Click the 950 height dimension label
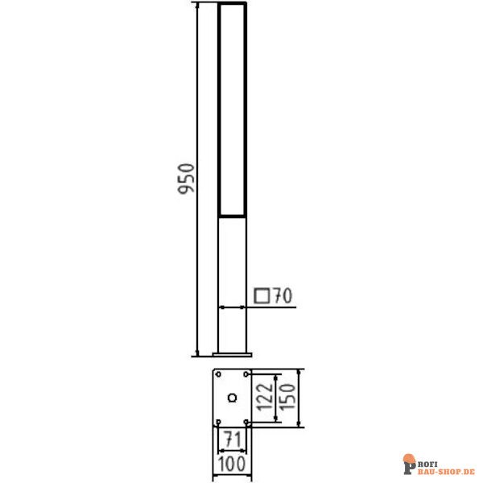click(x=187, y=179)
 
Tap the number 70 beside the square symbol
click(x=283, y=295)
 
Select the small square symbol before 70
click(x=262, y=296)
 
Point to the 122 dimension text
click(x=265, y=397)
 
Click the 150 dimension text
click(x=287, y=396)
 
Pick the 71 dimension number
click(x=233, y=439)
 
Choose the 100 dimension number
click(x=232, y=464)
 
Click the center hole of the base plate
click(x=233, y=398)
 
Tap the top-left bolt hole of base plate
click(x=218, y=374)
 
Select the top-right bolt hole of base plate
click(x=246, y=374)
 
